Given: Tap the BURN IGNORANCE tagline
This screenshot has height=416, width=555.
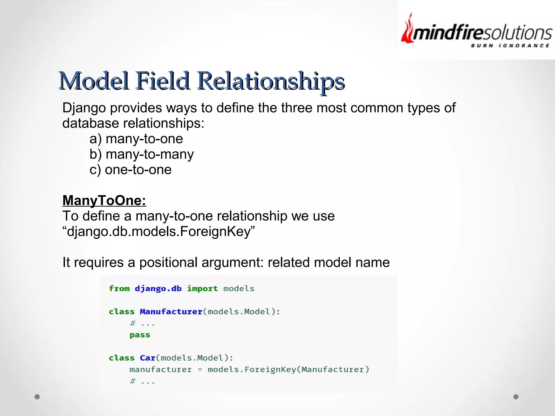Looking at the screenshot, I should [x=510, y=46].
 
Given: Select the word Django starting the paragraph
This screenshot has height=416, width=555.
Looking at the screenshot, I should [x=84, y=108].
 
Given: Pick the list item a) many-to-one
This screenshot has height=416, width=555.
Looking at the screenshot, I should [x=136, y=139].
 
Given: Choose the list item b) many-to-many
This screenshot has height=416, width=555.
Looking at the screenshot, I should [x=142, y=154].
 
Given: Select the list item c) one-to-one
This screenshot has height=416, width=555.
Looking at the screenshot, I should [x=131, y=170].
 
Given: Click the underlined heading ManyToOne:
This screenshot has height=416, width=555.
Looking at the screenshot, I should [x=104, y=200].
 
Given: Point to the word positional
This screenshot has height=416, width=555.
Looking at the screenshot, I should [x=168, y=262].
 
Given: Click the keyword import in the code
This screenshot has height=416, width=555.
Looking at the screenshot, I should [x=202, y=289].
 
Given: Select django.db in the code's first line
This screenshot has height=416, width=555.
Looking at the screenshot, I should [x=158, y=289].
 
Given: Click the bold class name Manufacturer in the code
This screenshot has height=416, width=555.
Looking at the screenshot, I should [x=171, y=312].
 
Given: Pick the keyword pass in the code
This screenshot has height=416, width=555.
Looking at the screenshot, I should [x=140, y=335].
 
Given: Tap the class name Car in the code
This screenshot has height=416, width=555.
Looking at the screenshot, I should [x=147, y=358].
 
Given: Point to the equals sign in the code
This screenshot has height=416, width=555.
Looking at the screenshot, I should [x=200, y=370].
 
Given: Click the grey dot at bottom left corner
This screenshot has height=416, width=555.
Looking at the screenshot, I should [x=37, y=397].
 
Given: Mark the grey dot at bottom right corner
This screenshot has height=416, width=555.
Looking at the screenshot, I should [x=516, y=397].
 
